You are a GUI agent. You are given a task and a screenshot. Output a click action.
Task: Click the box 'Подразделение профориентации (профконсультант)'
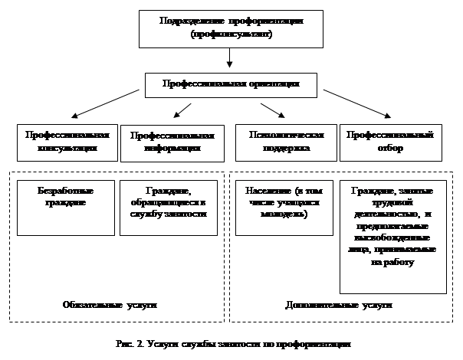231,29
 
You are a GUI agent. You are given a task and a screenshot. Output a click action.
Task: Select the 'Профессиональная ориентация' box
231,83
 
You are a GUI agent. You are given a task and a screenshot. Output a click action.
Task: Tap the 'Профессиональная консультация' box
67,142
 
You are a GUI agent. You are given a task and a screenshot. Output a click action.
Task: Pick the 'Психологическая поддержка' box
285,142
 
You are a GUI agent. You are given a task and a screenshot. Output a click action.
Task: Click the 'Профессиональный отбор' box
391,142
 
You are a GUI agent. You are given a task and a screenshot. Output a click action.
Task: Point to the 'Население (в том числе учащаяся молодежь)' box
284,207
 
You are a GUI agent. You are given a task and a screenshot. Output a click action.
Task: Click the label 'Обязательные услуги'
110,305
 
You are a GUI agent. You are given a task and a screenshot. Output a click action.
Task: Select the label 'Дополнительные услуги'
339,305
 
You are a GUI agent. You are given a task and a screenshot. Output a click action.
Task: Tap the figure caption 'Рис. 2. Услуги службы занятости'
230,345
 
